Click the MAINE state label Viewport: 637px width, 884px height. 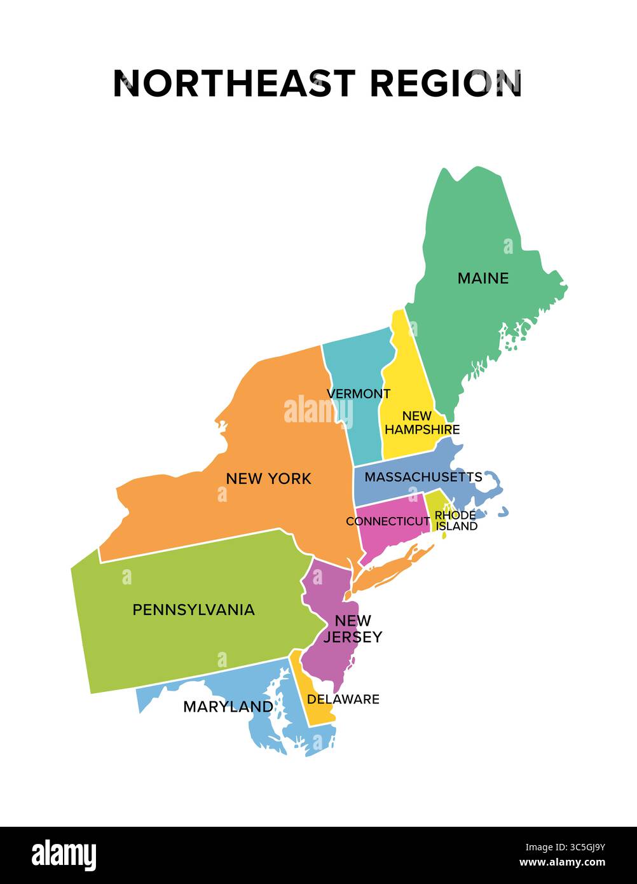click(483, 278)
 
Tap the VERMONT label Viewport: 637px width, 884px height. click(359, 394)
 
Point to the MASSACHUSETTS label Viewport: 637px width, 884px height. click(423, 477)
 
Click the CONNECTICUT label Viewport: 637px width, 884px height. click(388, 521)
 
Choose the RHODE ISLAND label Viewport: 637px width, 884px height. click(456, 521)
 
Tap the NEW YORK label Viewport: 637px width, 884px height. click(268, 478)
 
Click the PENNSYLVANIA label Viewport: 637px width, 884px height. click(193, 609)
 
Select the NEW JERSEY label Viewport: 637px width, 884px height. click(353, 628)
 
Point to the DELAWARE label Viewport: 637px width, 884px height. click(343, 699)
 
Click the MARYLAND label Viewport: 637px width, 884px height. click(228, 706)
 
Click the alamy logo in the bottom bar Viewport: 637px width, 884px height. click(64, 855)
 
